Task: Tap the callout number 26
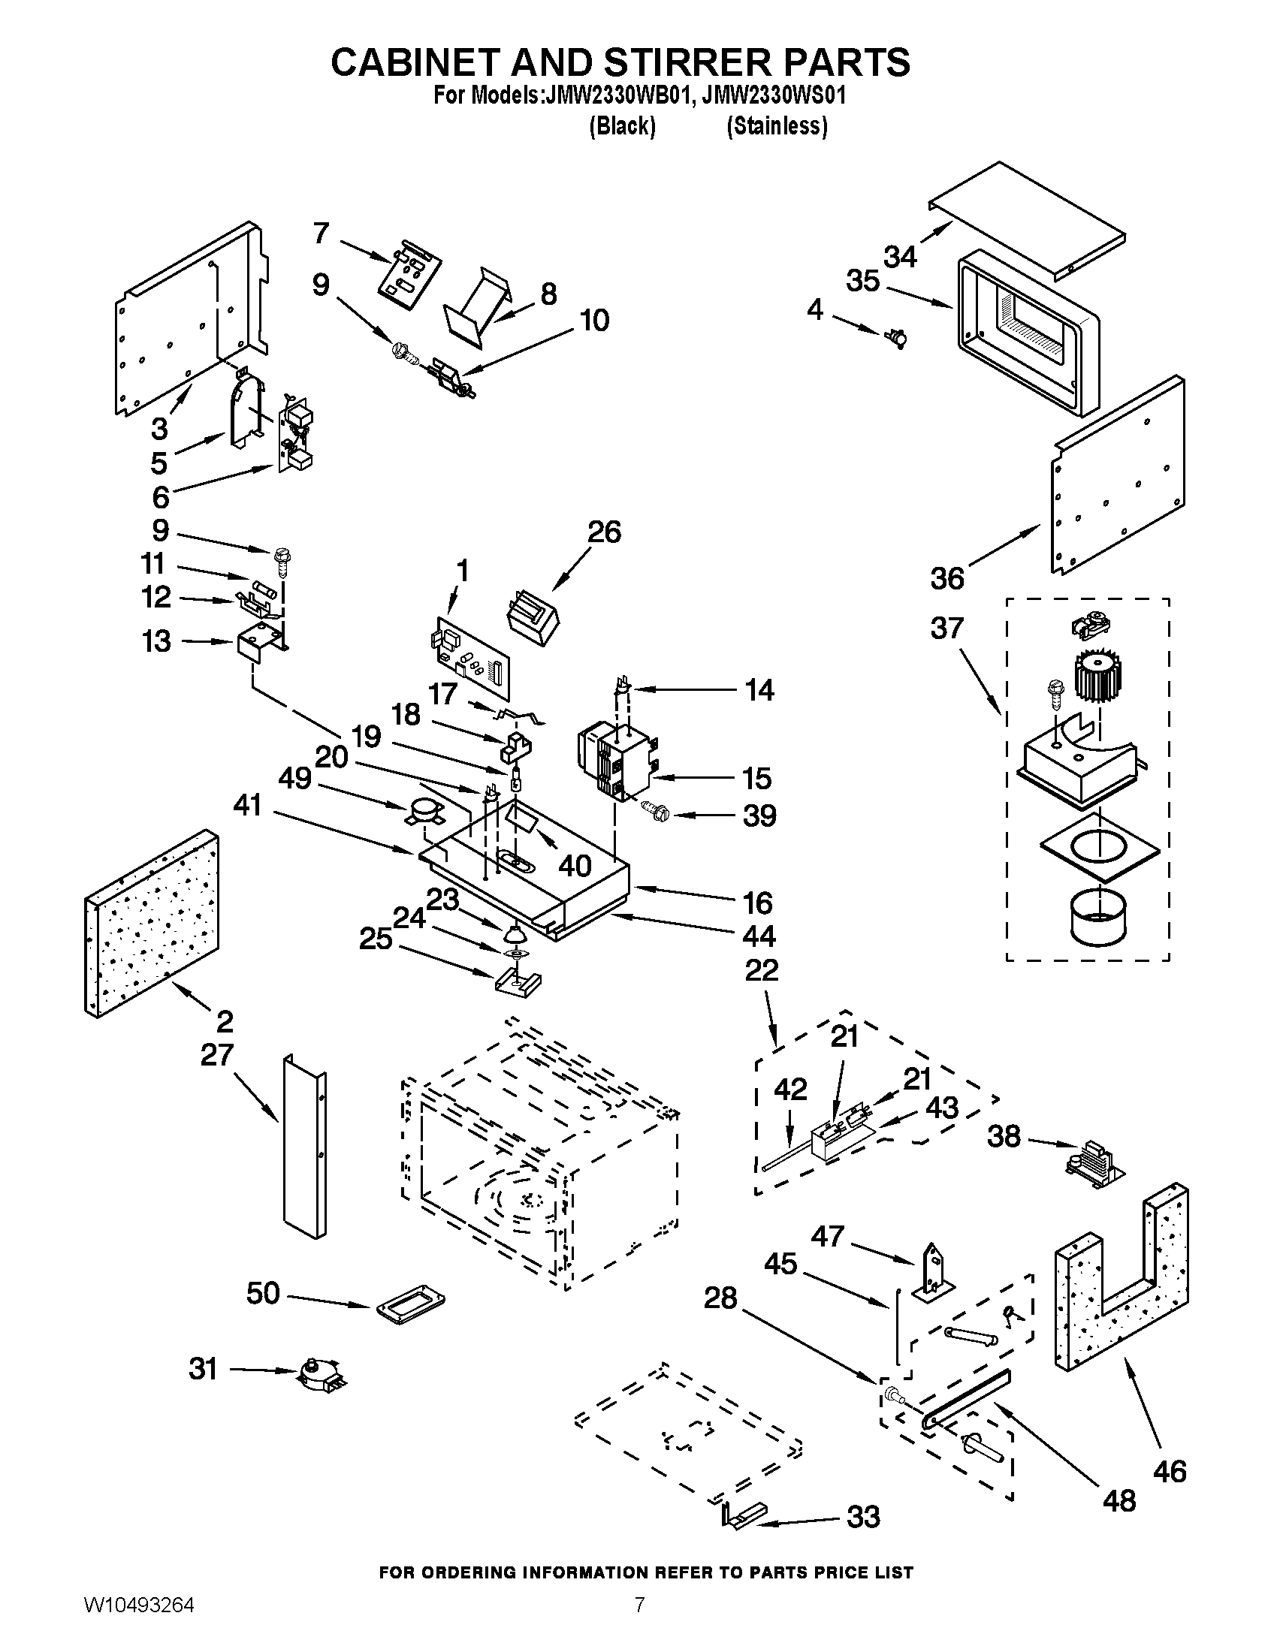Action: [x=605, y=532]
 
